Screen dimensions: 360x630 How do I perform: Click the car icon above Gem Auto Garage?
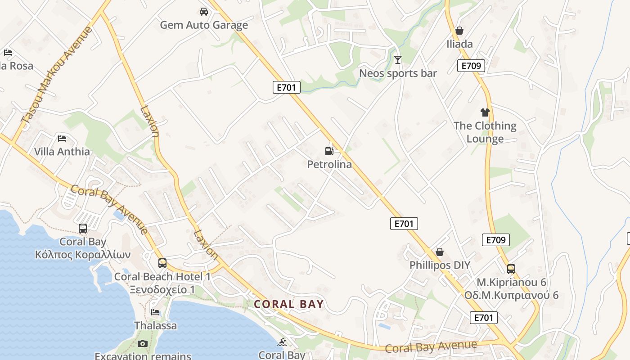pyautogui.click(x=203, y=12)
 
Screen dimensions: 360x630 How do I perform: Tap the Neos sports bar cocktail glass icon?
pyautogui.click(x=397, y=59)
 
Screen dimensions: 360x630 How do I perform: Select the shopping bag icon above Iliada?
pyautogui.click(x=459, y=31)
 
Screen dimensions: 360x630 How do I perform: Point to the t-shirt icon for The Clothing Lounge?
pyautogui.click(x=485, y=112)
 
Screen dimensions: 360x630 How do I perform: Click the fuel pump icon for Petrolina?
pyautogui.click(x=329, y=151)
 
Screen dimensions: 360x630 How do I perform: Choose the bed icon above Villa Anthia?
pyautogui.click(x=62, y=138)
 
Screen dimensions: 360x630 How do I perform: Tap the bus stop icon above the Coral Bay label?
pyautogui.click(x=83, y=229)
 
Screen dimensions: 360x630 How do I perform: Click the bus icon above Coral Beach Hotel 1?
pyautogui.click(x=162, y=263)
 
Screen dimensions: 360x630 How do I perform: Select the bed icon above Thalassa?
pyautogui.click(x=155, y=312)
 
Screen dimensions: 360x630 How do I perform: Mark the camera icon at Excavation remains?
pyautogui.click(x=143, y=344)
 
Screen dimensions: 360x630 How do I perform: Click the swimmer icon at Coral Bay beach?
pyautogui.click(x=282, y=342)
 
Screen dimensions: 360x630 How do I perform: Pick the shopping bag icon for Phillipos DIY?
pyautogui.click(x=440, y=252)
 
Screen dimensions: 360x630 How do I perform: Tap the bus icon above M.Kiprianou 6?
pyautogui.click(x=511, y=269)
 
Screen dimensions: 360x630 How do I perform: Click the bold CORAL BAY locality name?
pyautogui.click(x=289, y=304)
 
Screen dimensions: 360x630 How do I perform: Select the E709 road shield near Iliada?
pyautogui.click(x=471, y=66)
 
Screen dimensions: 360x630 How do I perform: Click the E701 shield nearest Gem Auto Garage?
pyautogui.click(x=286, y=87)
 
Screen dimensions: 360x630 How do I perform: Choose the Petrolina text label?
pyautogui.click(x=329, y=165)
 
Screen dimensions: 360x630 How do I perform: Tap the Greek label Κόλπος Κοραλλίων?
pyautogui.click(x=83, y=255)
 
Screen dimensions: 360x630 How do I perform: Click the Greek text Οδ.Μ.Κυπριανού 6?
pyautogui.click(x=511, y=296)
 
